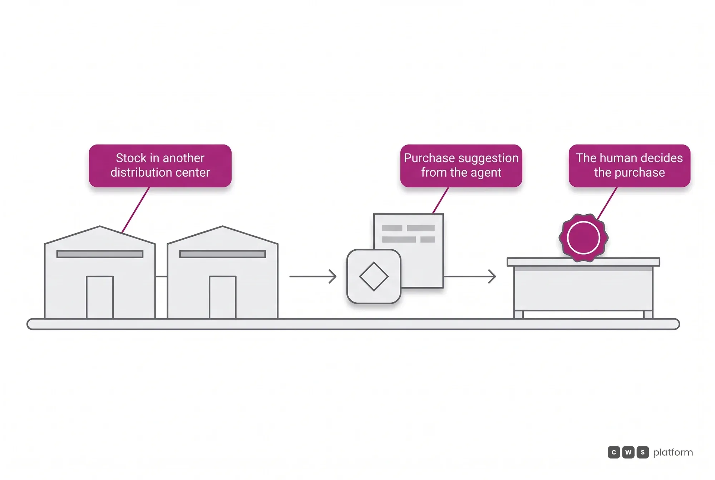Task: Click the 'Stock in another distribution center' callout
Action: coord(160,166)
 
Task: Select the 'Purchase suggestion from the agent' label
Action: coord(461,166)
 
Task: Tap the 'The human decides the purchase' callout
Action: coord(630,166)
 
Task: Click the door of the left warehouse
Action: coord(100,297)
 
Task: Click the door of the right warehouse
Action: coord(223,297)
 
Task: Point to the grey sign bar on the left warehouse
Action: coord(100,254)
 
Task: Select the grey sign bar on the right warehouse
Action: coord(223,254)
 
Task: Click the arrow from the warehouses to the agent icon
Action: coord(313,276)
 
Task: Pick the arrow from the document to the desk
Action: coord(470,276)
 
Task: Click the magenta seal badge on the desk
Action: coord(583,238)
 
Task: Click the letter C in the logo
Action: coord(614,452)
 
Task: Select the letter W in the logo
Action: coord(628,452)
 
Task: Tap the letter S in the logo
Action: coord(642,452)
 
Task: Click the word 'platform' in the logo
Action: coord(673,453)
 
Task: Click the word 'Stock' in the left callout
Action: coord(131,158)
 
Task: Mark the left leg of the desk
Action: coord(519,314)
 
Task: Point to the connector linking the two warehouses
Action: coord(161,276)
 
